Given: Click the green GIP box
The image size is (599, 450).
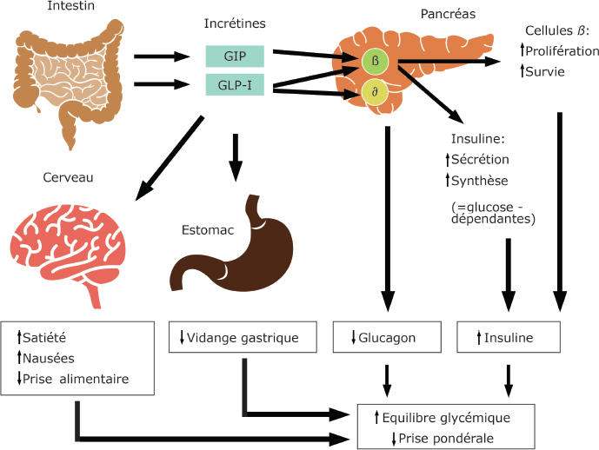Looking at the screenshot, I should [x=235, y=56].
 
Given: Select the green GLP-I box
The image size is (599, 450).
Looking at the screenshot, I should [x=235, y=86].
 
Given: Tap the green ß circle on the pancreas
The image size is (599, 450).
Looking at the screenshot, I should [x=376, y=62].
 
